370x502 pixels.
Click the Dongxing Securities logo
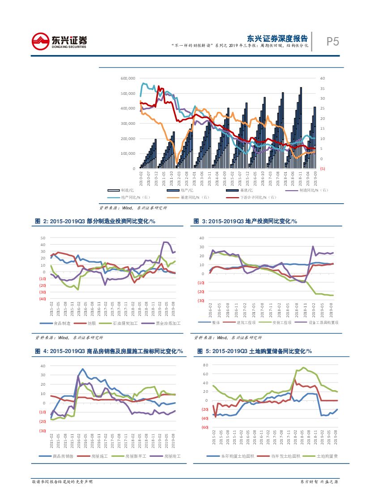pos(59,41)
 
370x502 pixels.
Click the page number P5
pos(332,42)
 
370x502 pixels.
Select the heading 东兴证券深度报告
pos(277,38)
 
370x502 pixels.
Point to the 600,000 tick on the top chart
pos(128,78)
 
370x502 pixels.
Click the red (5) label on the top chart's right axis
pos(323,169)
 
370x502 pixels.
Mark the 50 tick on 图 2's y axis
pos(43,238)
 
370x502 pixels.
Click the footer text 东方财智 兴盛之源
pos(319,482)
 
